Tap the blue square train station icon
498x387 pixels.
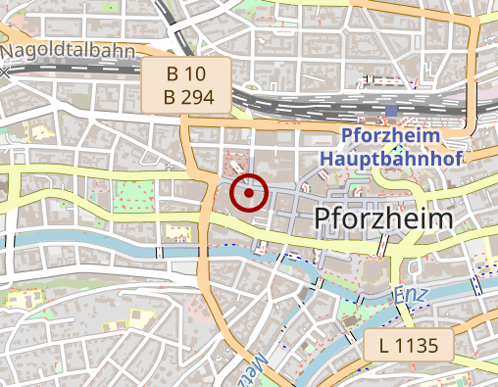[393, 113]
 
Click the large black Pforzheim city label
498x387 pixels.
[384, 218]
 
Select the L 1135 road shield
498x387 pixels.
[410, 344]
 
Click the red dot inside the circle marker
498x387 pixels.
[250, 193]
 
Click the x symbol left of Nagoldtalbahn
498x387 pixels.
[5, 72]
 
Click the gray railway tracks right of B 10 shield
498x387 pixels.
[294, 99]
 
